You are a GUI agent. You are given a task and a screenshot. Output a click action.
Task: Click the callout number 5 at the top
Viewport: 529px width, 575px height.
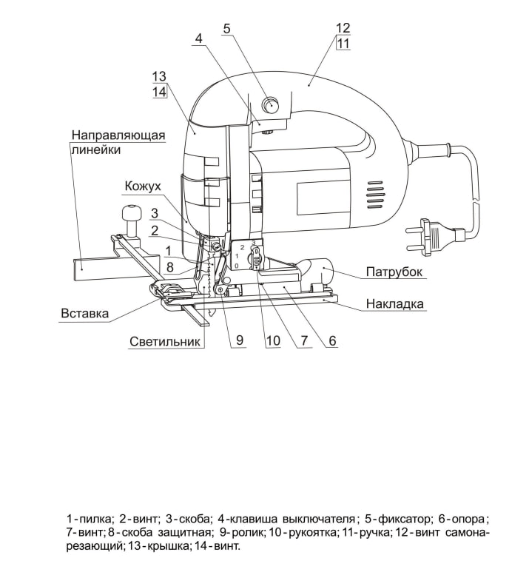point(227,28)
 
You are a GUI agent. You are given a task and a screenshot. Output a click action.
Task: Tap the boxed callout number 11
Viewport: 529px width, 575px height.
point(343,44)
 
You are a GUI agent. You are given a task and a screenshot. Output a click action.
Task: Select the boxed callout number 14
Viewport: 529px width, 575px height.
point(160,92)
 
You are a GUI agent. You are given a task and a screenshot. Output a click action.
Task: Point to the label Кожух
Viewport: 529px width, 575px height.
point(143,186)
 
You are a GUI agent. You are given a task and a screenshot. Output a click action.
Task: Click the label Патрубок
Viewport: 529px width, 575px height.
point(394,272)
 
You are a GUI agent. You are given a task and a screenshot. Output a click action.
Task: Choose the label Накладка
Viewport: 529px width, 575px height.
point(395,303)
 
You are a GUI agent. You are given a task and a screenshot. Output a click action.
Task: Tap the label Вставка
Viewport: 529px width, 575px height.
point(84,314)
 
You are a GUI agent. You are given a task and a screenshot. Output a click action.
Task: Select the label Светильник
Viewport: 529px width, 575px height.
point(165,341)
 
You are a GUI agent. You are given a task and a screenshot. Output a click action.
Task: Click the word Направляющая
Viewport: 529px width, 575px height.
point(118,135)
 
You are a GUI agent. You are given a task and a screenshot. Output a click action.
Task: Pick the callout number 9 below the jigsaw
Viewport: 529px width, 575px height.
point(240,340)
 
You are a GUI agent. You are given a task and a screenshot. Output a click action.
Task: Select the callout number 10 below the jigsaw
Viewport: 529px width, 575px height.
point(273,340)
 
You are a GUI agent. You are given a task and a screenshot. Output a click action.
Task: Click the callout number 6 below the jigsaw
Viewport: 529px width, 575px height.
point(332,340)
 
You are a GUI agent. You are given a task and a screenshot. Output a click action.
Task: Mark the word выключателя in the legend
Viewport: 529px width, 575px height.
point(319,519)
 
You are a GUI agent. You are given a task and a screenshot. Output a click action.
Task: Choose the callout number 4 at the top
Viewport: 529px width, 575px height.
point(198,38)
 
